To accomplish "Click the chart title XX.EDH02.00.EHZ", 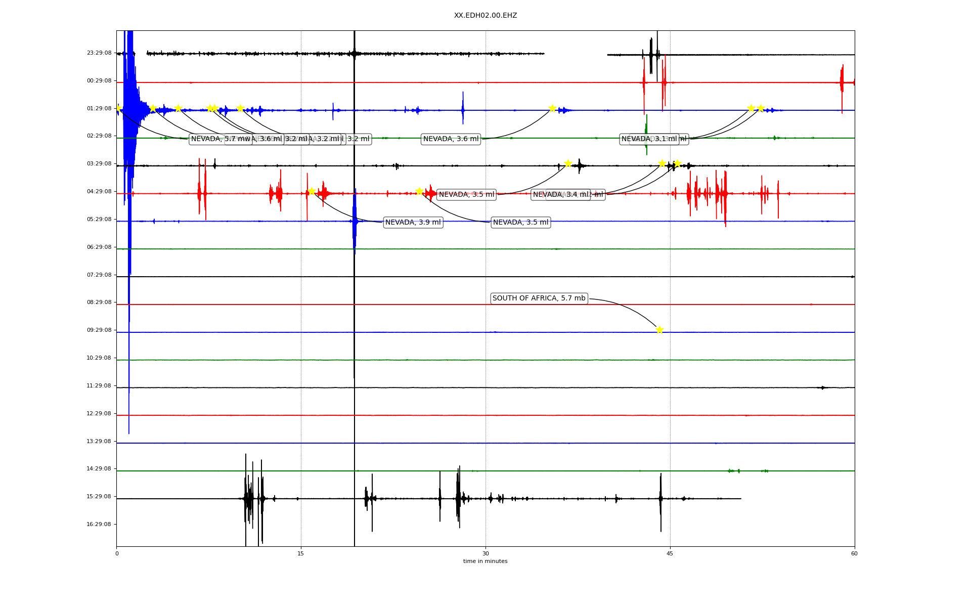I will [485, 16].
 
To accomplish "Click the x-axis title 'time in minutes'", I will [485, 561].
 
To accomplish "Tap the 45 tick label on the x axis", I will [670, 553].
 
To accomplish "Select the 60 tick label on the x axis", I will [854, 553].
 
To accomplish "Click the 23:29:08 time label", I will [99, 53].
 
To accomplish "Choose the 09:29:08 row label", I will [99, 330].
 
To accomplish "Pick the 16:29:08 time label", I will [99, 525].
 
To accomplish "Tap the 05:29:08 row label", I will [99, 220].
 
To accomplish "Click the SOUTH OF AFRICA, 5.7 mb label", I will [539, 298].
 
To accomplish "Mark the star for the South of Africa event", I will [659, 330].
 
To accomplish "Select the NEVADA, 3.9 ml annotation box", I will [413, 223].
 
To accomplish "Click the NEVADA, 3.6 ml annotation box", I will [451, 139].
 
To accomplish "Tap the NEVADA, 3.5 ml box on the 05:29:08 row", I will [520, 223].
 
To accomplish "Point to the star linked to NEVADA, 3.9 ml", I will [312, 191].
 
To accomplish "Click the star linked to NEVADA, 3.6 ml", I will [552, 108].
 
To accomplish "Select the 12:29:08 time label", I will [99, 414].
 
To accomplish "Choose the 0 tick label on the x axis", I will [117, 553].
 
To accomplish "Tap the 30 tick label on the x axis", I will [485, 553].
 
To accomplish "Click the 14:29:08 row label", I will [99, 469].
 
